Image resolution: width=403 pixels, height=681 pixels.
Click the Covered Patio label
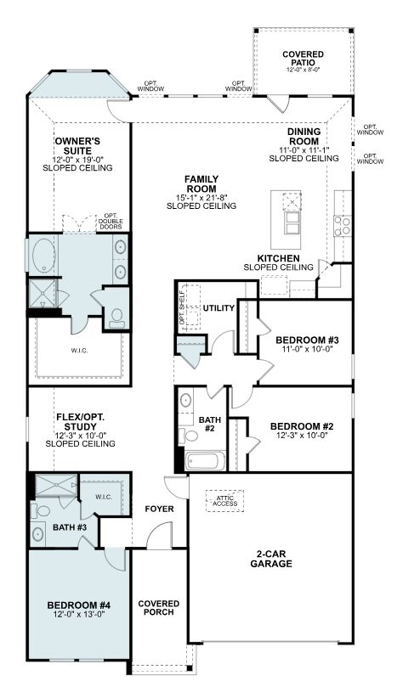click(303, 59)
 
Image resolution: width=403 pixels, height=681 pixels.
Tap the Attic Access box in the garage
click(224, 501)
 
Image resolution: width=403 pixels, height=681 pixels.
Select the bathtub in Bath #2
click(205, 461)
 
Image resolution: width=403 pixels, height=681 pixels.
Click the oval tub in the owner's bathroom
click(43, 255)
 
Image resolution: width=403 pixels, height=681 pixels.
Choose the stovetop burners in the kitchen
click(343, 226)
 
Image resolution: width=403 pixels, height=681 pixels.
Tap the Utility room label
click(219, 308)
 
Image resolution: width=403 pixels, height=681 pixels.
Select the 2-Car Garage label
click(271, 559)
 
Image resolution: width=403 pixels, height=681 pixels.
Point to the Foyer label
click(159, 509)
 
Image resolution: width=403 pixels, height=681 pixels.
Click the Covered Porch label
click(159, 608)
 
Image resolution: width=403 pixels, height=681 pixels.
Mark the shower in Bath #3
click(56, 486)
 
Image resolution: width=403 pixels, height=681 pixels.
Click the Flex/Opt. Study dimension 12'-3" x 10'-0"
click(81, 436)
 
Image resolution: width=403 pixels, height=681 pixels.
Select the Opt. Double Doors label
click(111, 222)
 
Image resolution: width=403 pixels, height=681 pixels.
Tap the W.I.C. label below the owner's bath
click(80, 351)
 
